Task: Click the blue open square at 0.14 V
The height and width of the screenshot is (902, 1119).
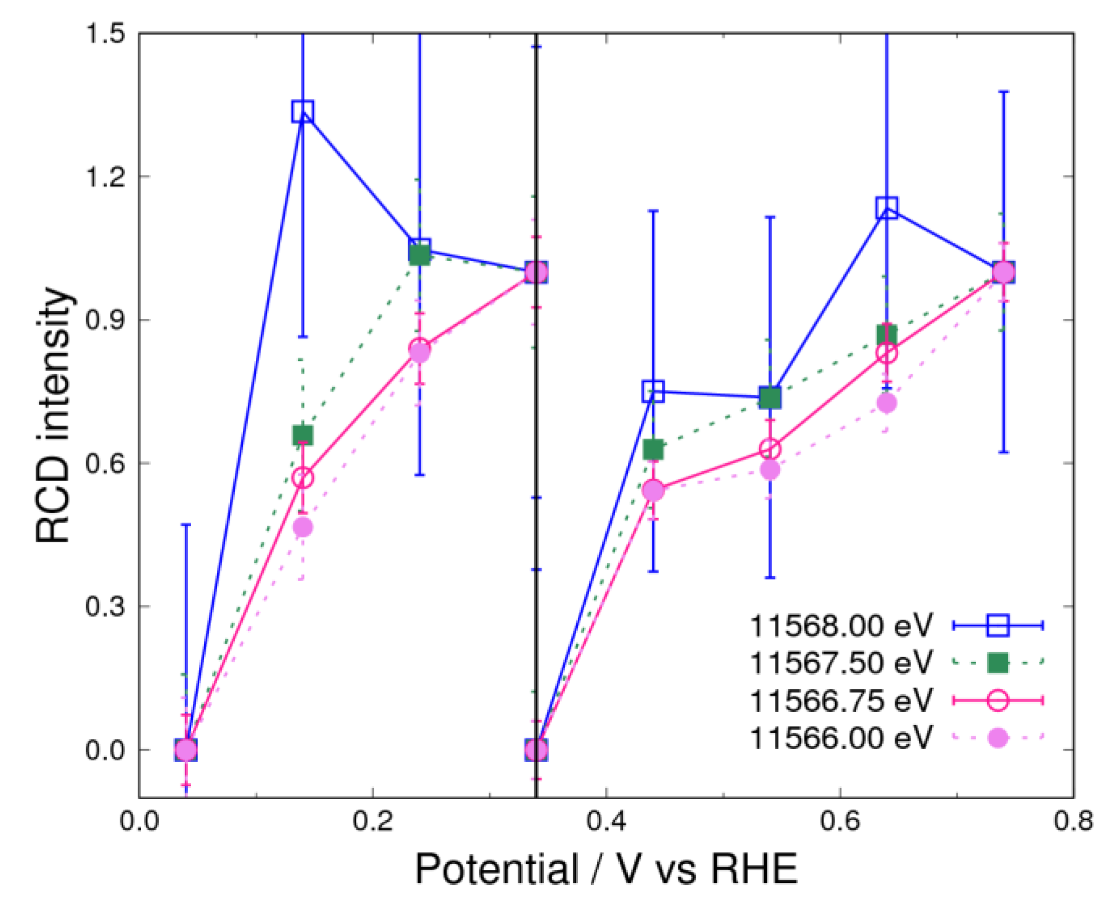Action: [x=303, y=111]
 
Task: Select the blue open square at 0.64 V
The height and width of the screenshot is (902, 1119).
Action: [x=886, y=207]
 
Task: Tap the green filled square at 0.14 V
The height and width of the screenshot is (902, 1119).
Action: [x=303, y=435]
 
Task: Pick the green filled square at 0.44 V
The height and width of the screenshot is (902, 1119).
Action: [x=653, y=449]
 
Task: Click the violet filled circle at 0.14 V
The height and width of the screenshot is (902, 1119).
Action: [x=303, y=527]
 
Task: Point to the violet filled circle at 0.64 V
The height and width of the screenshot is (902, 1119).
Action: [x=886, y=403]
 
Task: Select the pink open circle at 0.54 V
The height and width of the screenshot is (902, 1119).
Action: [x=770, y=449]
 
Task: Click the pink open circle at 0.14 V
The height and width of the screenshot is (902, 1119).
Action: [x=303, y=478]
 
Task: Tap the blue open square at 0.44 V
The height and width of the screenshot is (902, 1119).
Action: [x=653, y=391]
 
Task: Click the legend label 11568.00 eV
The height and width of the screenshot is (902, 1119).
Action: [x=840, y=626]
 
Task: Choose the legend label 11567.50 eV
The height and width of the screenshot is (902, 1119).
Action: [x=840, y=662]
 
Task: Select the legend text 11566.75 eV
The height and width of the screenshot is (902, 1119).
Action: [x=840, y=700]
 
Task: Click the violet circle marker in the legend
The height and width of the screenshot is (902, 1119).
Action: [x=998, y=737]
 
